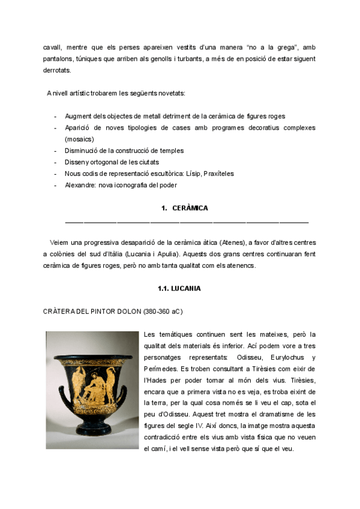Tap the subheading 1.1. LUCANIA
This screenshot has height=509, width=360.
(x=179, y=288)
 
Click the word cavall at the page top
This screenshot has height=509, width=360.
(x=53, y=47)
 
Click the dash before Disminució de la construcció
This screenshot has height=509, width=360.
(x=56, y=151)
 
